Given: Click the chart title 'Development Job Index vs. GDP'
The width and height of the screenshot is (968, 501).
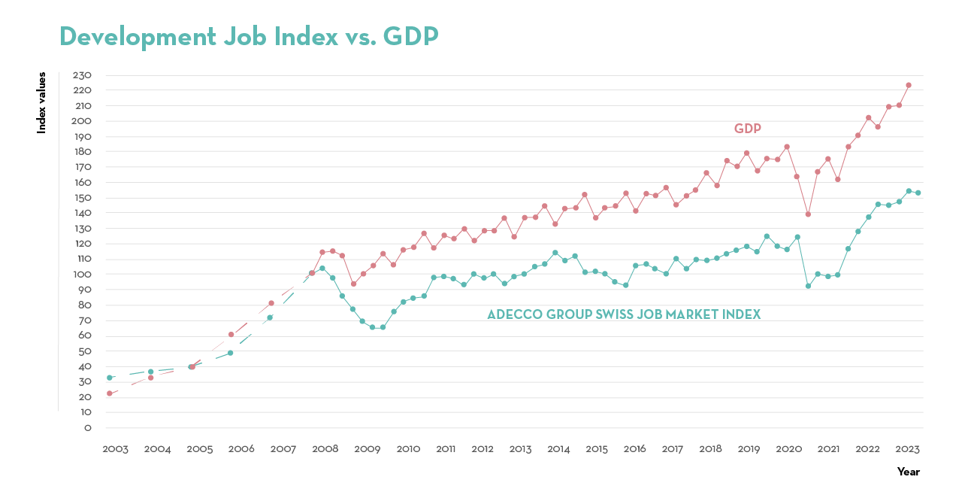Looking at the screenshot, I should [248, 36].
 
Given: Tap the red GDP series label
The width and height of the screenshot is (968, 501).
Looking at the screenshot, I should [747, 129].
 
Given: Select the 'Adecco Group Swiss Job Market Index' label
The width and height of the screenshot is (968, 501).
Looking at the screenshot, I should [624, 314].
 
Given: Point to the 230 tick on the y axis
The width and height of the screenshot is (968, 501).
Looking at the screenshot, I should [82, 75].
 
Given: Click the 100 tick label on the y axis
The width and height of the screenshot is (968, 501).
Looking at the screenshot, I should [82, 275].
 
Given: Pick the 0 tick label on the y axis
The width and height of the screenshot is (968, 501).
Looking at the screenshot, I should [87, 428].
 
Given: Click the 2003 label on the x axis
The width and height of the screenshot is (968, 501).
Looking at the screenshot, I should [115, 449].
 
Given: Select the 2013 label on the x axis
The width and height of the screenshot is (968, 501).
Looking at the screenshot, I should [520, 449].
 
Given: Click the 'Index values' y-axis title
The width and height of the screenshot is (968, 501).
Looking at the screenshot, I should [42, 103].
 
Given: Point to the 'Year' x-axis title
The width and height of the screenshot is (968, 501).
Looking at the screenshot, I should [908, 472].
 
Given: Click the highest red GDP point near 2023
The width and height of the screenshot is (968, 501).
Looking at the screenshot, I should [908, 85].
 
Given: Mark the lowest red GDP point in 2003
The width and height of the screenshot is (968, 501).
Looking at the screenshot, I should [110, 393].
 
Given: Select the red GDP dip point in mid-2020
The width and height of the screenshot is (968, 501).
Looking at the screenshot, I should [808, 214].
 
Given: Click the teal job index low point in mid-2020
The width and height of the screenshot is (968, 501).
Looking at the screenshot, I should [808, 286].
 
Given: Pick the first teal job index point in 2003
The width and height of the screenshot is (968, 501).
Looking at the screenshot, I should [110, 378].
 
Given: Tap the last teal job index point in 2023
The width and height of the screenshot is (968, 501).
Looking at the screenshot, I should [918, 193].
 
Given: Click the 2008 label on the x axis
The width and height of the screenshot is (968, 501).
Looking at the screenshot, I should [325, 449].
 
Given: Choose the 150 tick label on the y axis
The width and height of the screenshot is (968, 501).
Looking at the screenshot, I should [82, 198].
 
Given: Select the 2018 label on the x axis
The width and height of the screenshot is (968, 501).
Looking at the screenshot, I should [710, 449].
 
